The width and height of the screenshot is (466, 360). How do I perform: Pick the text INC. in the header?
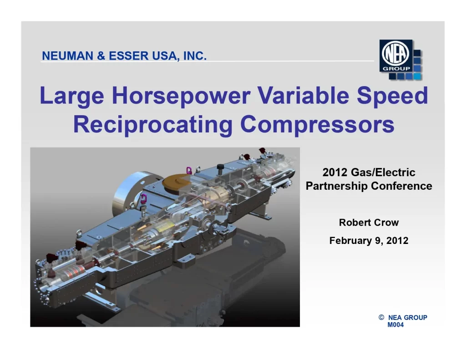[x=195, y=56]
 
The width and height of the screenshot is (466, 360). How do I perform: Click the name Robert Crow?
[x=369, y=223]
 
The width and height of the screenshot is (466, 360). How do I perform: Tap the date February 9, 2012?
[x=369, y=241]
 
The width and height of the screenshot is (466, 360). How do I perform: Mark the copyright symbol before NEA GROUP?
[x=381, y=317]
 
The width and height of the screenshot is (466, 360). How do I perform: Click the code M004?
[x=395, y=325]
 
